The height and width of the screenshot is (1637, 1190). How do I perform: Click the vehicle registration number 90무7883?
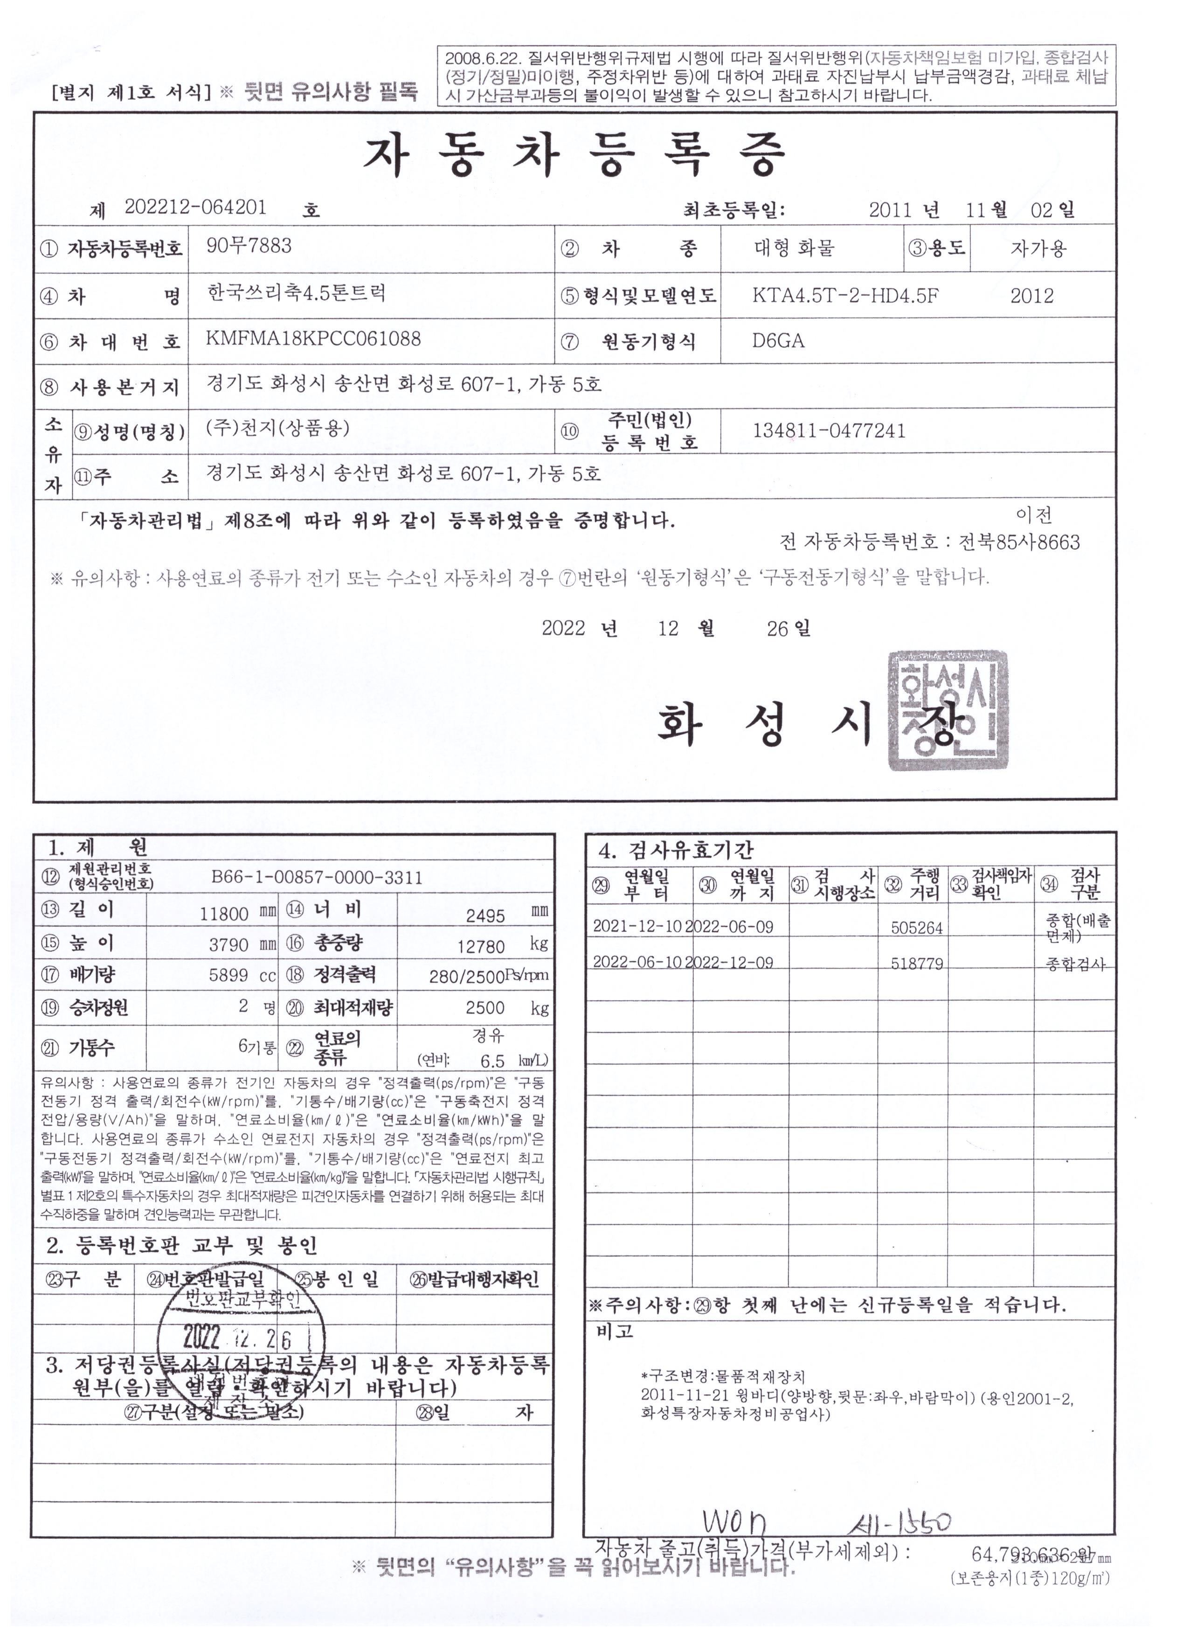pyautogui.click(x=249, y=246)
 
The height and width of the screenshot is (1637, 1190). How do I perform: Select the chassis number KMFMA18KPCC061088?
pyautogui.click(x=313, y=339)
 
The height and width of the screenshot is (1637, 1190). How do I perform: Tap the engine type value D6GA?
pyautogui.click(x=778, y=340)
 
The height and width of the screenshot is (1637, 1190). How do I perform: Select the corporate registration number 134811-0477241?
pyautogui.click(x=829, y=431)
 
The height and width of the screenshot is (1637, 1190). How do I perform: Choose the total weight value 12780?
pyautogui.click(x=481, y=946)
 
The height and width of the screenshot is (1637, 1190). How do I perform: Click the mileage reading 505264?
pyautogui.click(x=916, y=928)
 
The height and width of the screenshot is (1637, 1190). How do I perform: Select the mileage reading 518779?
pyautogui.click(x=916, y=964)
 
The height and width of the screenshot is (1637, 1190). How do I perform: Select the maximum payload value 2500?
pyautogui.click(x=485, y=1007)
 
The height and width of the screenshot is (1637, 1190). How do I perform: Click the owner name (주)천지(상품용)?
pyautogui.click(x=278, y=428)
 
